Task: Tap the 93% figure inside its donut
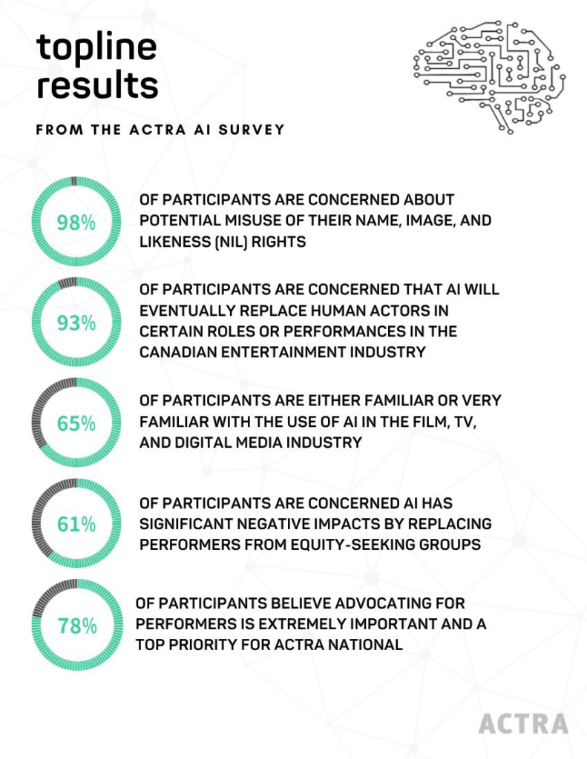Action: point(76,323)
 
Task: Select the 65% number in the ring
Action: point(76,423)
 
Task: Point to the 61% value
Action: point(76,524)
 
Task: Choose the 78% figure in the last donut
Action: point(76,626)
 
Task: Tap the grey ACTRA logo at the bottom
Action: point(523,723)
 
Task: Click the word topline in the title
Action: point(96,47)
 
